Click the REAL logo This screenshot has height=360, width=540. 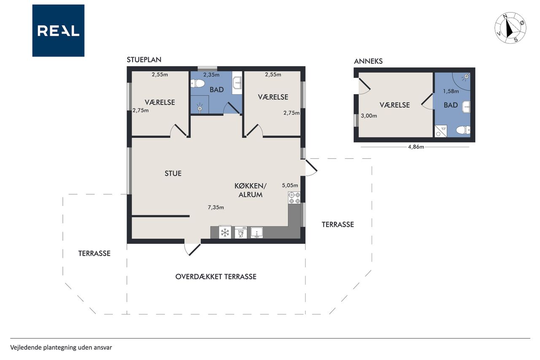click(58, 31)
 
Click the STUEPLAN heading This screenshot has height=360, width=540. click(144, 60)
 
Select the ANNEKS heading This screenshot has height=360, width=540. click(368, 61)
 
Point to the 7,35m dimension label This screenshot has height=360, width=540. click(216, 207)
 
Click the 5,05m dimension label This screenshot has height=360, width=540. click(290, 185)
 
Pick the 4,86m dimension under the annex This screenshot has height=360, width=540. click(416, 147)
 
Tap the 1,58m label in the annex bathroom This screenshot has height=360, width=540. click(451, 91)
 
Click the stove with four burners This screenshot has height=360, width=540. click(294, 198)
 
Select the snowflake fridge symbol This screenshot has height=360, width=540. click(225, 233)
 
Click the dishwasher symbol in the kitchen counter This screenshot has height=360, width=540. click(240, 233)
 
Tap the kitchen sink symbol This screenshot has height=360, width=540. click(257, 233)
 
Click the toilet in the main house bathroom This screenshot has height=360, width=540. click(198, 84)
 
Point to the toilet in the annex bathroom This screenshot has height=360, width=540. click(463, 130)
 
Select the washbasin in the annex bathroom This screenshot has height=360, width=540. click(466, 107)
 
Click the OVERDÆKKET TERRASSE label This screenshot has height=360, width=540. click(216, 276)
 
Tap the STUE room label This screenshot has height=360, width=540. click(173, 173)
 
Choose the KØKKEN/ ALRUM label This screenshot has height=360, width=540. click(251, 190)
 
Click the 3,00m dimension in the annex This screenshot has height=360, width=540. click(369, 116)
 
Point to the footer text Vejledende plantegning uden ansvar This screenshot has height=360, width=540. click(61, 347)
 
